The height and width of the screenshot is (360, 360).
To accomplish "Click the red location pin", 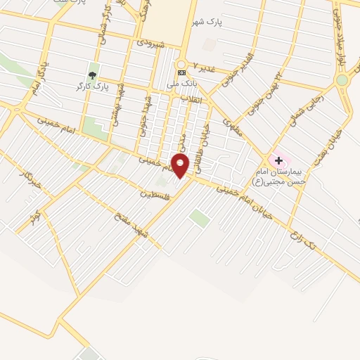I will click(x=180, y=166).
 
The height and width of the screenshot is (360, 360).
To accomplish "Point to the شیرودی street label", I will click(x=150, y=44).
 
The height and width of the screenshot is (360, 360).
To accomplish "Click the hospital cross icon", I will click(x=278, y=161).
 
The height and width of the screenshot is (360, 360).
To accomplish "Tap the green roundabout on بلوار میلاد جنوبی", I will click(x=342, y=80).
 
